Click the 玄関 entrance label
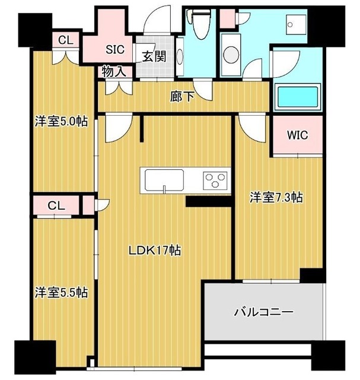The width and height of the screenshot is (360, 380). pos(153,57)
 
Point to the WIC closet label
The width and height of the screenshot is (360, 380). pos(298,135)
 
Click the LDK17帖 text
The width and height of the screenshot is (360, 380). pos(155,251)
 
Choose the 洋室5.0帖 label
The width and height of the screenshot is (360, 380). pos(61,122)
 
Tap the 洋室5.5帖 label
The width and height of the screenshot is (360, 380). pos(61,292)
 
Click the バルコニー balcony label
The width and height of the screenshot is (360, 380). pos(263,311)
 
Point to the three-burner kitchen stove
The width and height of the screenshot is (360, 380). pos(215,179)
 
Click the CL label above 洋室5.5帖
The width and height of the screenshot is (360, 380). pos(56,205)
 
